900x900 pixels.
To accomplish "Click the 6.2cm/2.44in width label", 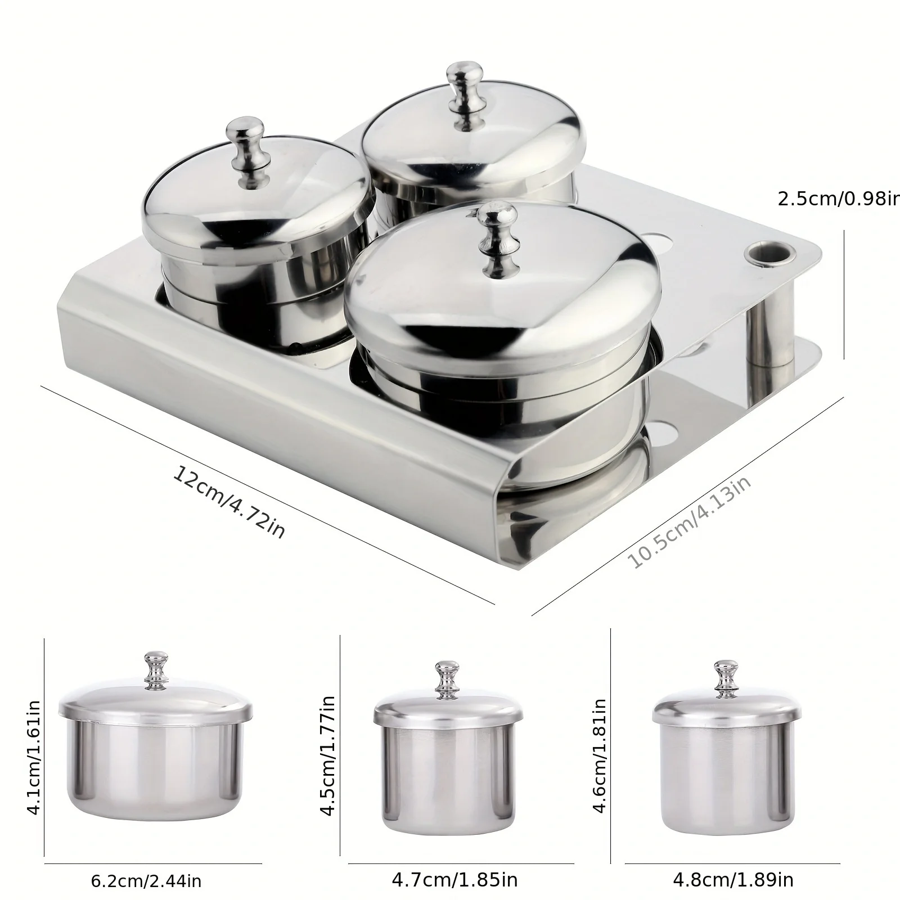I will click(x=146, y=880).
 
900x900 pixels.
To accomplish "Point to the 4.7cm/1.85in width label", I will click(x=454, y=879).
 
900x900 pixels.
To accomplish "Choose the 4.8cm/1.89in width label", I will click(x=733, y=879).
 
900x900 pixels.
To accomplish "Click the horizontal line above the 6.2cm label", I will click(x=152, y=863).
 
